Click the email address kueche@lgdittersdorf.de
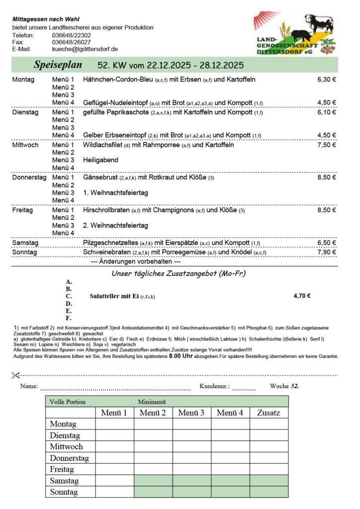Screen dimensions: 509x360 click(x=85, y=49)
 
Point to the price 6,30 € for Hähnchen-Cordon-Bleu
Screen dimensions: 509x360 click(x=327, y=80)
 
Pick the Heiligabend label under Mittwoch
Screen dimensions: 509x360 click(x=101, y=160)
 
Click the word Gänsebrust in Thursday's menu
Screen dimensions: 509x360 click(x=101, y=177)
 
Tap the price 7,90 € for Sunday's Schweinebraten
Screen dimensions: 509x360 click(x=327, y=253)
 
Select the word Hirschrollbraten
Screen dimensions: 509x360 click(x=107, y=210)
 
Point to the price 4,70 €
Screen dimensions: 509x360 click(x=302, y=296)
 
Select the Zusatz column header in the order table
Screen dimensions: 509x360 click(x=269, y=413)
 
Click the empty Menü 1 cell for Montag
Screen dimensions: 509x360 click(x=114, y=424)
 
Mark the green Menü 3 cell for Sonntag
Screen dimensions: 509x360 click(x=191, y=492)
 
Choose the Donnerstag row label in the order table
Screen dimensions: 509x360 click(x=69, y=458)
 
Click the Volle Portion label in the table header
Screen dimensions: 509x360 click(x=68, y=402)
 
